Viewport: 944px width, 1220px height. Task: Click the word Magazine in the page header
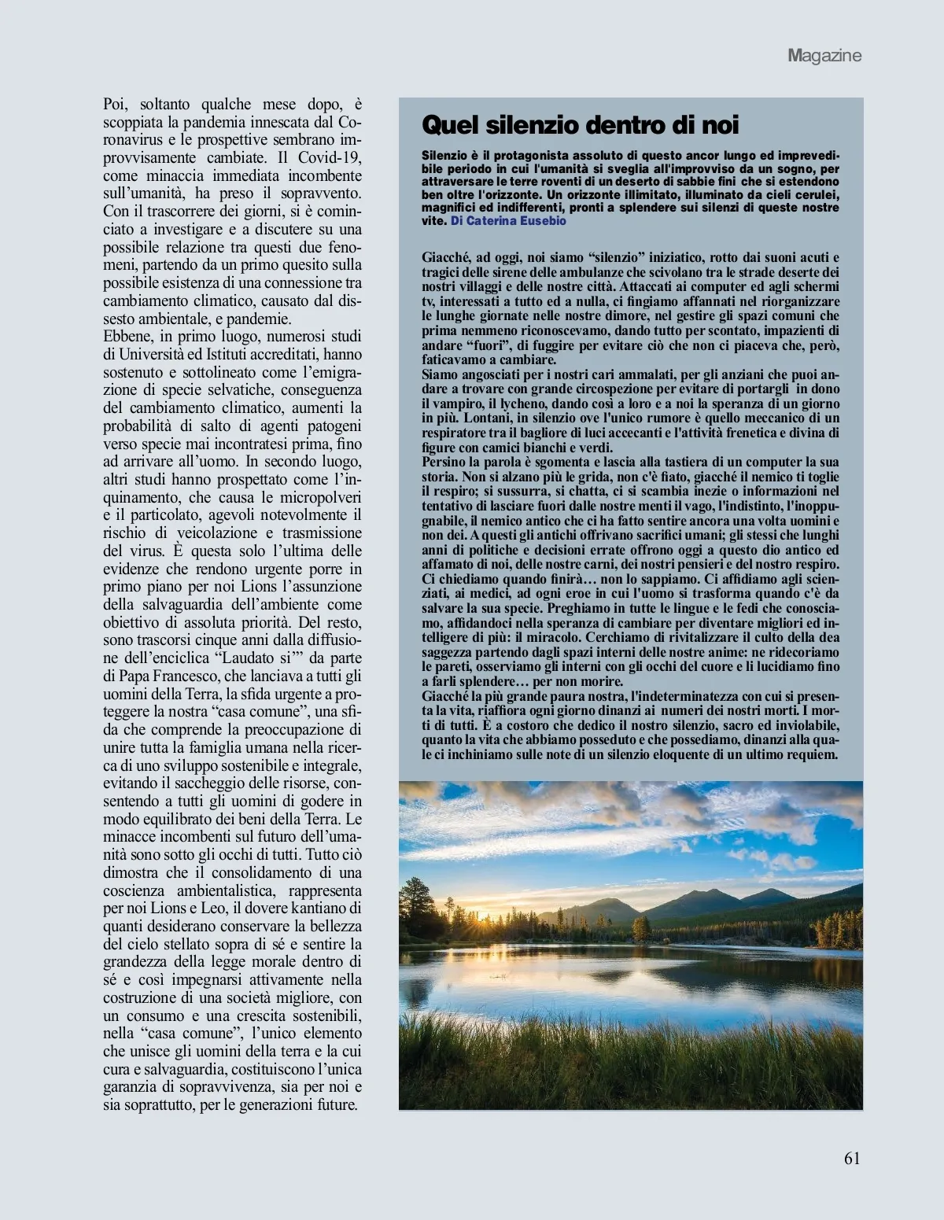tap(824, 56)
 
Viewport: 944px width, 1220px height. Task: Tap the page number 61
tap(852, 1158)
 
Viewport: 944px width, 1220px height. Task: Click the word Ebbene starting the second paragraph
tap(126, 337)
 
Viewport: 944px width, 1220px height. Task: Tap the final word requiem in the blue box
tap(812, 754)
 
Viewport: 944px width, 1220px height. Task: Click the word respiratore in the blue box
tap(453, 433)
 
